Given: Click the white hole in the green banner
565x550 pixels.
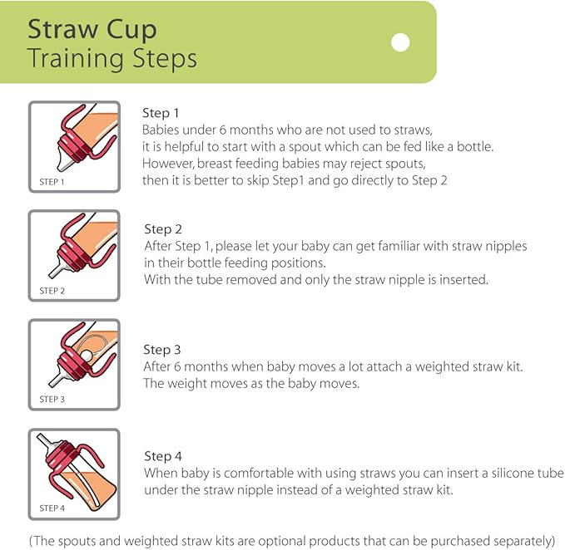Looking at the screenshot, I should point(401,42).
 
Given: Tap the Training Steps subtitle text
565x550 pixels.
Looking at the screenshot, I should point(112,59).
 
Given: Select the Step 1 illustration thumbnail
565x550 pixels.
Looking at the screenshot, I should point(75,146).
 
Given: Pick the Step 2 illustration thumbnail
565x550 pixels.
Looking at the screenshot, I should point(75,254).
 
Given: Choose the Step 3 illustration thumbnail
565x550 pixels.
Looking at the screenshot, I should point(75,362).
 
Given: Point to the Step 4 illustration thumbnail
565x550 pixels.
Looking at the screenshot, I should point(75,471).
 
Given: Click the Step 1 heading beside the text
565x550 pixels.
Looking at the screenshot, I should point(161,113).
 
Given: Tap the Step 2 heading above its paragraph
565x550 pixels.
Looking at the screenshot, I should point(163,229).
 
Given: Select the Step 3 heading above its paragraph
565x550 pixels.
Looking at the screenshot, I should point(162,350).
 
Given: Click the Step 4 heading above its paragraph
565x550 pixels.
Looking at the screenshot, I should point(163,456).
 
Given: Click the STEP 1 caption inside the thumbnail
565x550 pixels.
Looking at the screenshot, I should point(52,180).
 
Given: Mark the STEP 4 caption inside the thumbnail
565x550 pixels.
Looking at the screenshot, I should point(52,508).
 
